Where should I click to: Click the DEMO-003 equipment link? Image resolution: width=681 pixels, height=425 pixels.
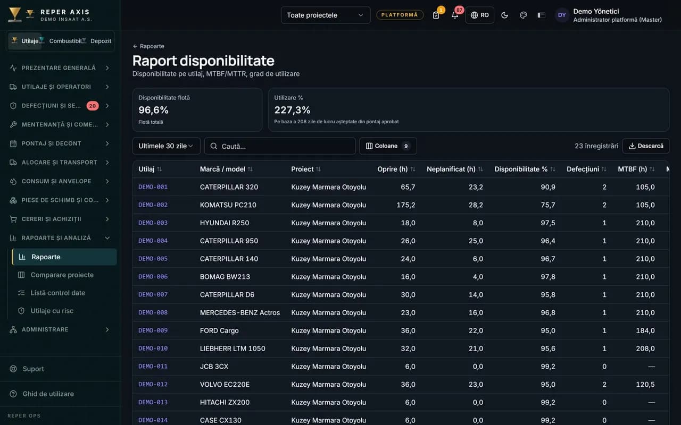(x=153, y=223)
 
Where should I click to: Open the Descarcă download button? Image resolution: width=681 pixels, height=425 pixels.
(x=646, y=146)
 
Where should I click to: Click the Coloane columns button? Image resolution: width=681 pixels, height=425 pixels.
(x=388, y=146)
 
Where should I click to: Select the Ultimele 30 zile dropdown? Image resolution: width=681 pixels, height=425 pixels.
(x=167, y=146)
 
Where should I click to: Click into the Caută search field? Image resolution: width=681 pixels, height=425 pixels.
(x=280, y=146)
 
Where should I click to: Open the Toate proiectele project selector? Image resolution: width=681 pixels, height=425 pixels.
(x=326, y=15)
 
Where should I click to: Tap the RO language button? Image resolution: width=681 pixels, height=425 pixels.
(x=480, y=15)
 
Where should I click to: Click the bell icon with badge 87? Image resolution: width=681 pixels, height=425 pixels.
(x=455, y=15)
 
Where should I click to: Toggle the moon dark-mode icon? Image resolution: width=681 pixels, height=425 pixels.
(x=504, y=15)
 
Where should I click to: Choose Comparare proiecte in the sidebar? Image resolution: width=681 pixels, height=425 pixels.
(x=62, y=275)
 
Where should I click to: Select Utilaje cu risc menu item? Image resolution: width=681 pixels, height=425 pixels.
(x=52, y=311)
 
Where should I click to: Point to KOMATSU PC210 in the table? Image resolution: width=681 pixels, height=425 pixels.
(x=228, y=205)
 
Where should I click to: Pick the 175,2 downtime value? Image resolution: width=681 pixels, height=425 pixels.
(x=405, y=205)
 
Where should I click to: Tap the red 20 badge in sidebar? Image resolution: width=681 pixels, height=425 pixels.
(x=93, y=106)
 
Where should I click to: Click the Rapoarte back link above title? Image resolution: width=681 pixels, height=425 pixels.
(x=148, y=46)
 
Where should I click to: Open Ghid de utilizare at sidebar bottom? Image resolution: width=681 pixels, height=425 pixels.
(x=48, y=394)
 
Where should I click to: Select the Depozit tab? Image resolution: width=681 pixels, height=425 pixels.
(x=101, y=41)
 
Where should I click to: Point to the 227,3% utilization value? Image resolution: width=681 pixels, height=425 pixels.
(x=292, y=110)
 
